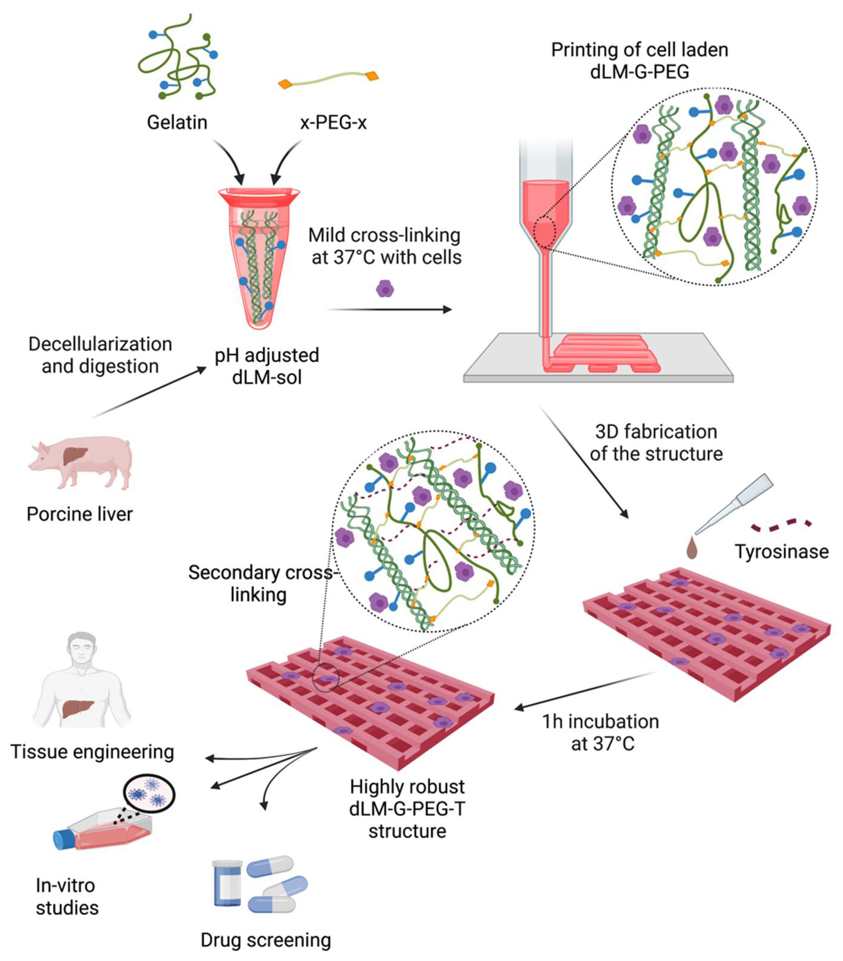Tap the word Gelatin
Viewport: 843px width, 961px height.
(x=177, y=123)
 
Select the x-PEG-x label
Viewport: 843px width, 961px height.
(x=333, y=123)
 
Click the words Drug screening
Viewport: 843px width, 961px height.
(x=266, y=940)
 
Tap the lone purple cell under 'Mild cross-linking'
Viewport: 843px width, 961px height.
(x=385, y=289)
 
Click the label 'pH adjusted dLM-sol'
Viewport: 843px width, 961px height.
(x=266, y=366)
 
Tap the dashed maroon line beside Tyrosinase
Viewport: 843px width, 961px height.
(x=781, y=525)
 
